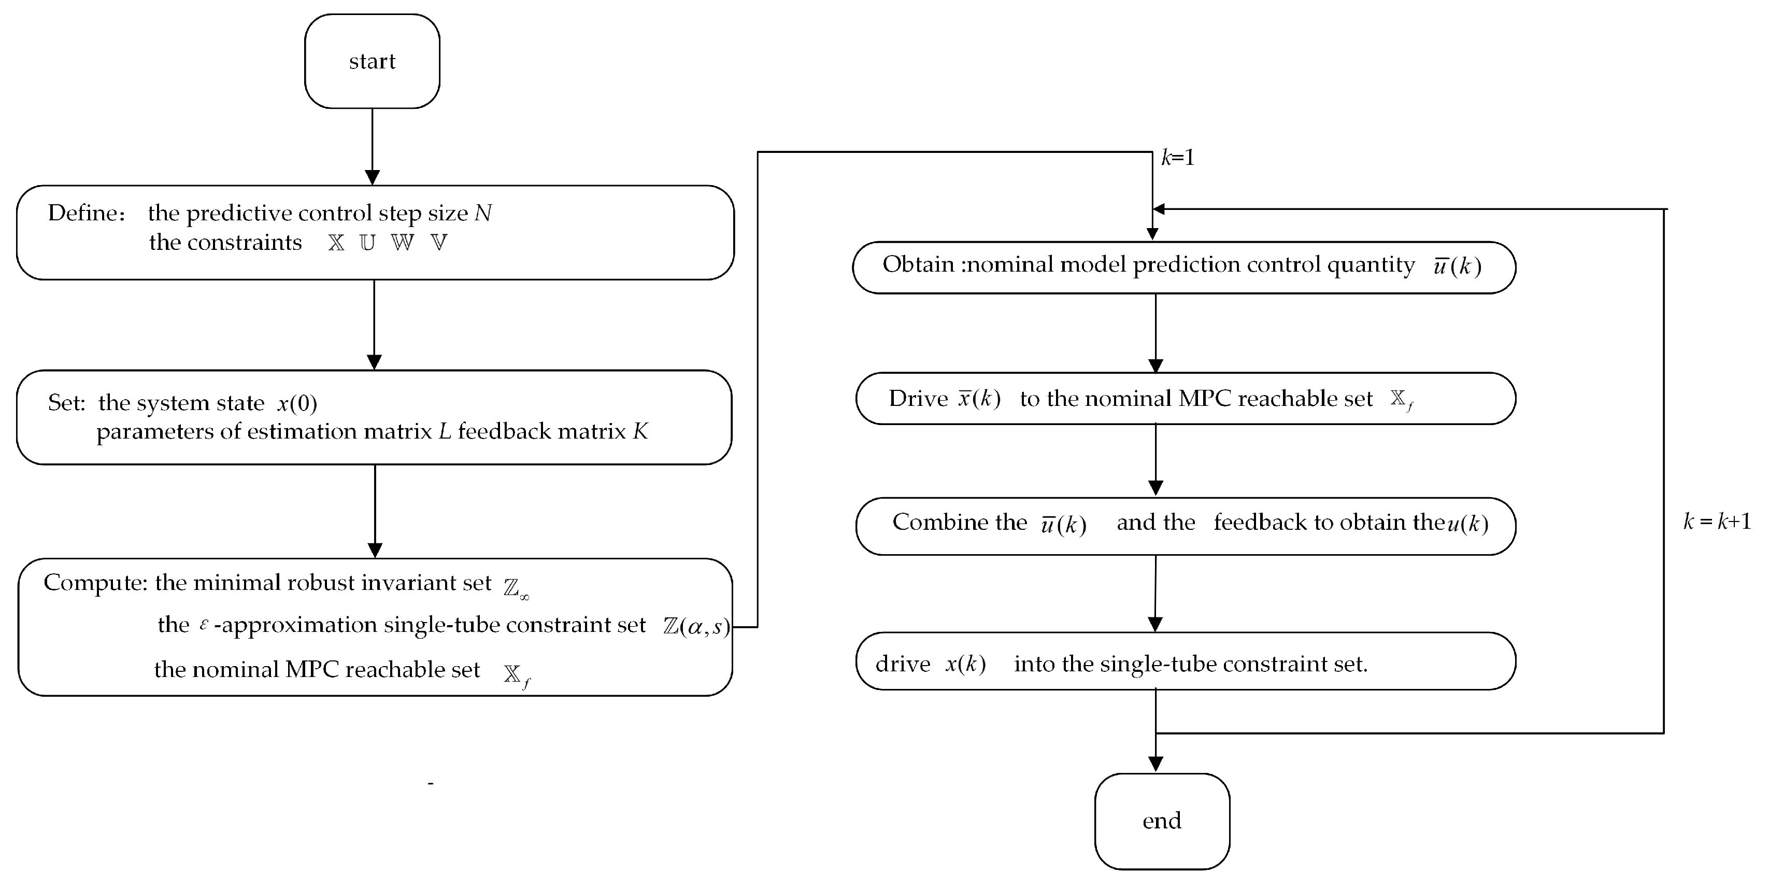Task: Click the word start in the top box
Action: tap(372, 62)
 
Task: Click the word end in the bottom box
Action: tap(1161, 821)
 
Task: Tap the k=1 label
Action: tap(1178, 158)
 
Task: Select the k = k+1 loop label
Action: tap(1716, 521)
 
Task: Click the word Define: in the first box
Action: tap(86, 214)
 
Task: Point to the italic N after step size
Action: tap(483, 214)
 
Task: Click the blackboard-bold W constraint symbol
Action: tap(403, 243)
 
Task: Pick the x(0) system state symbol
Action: tap(297, 403)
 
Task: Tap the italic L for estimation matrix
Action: tap(445, 432)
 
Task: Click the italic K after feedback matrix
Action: tap(639, 432)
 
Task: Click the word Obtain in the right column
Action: tap(918, 264)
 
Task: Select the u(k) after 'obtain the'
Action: tap(1467, 524)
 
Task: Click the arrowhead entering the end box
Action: tap(1155, 764)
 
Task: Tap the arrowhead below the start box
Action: tap(372, 177)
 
